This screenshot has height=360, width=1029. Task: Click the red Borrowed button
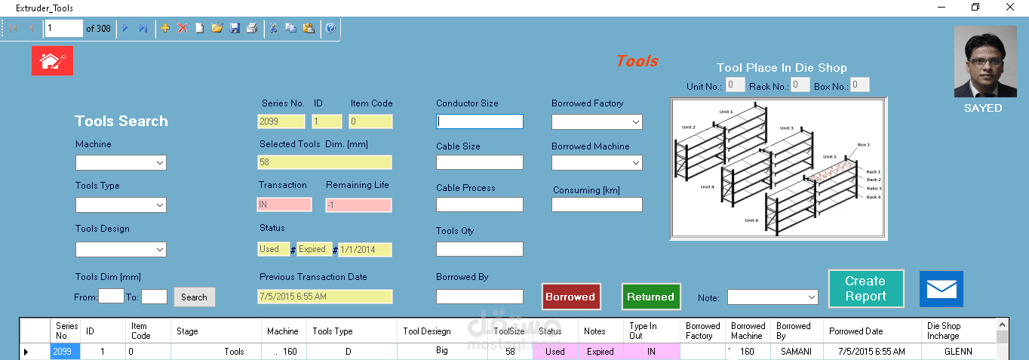[570, 297]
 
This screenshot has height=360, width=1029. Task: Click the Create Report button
[865, 288]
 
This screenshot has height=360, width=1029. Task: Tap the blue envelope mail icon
[941, 289]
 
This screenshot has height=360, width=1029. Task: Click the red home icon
[52, 61]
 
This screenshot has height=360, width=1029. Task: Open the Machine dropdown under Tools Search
[121, 162]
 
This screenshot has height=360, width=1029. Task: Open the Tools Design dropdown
[121, 249]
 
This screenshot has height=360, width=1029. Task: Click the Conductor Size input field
[479, 122]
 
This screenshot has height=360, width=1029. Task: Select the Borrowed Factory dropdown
[597, 122]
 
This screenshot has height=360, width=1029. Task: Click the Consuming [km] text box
[597, 205]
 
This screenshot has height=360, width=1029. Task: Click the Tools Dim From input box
[111, 297]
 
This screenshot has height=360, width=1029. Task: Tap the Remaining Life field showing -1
[358, 205]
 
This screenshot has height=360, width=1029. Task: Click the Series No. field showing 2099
[281, 122]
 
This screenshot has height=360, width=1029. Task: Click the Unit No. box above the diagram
[735, 85]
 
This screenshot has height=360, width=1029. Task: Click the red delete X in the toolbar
[182, 28]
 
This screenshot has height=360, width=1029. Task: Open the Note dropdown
[772, 297]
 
